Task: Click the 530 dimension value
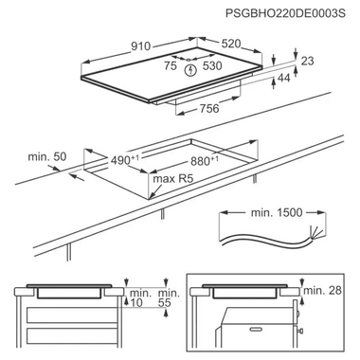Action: coord(213,67)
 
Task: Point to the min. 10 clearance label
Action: coord(141,297)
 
